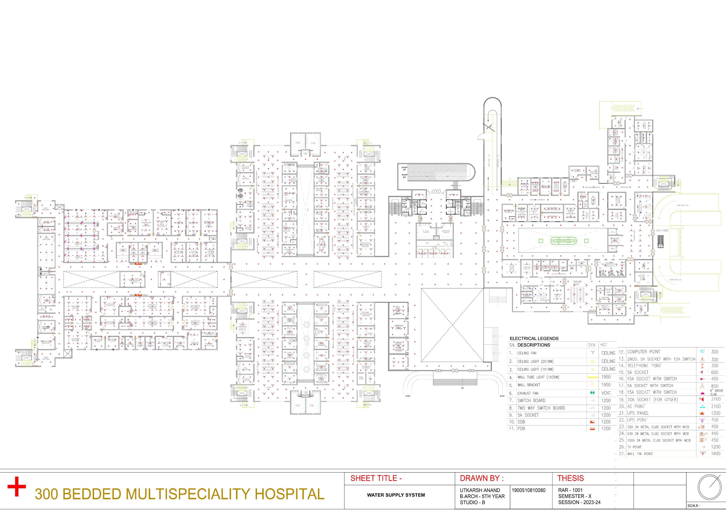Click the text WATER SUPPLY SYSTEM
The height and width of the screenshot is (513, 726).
[x=396, y=495]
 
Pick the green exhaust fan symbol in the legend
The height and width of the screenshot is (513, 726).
[x=592, y=393]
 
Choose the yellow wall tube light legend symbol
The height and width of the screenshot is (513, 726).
[x=592, y=377]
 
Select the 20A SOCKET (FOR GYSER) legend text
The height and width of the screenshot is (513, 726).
[x=653, y=399]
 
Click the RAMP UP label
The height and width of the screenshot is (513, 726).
[x=404, y=169]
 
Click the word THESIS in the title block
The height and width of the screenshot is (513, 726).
[x=570, y=478]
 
